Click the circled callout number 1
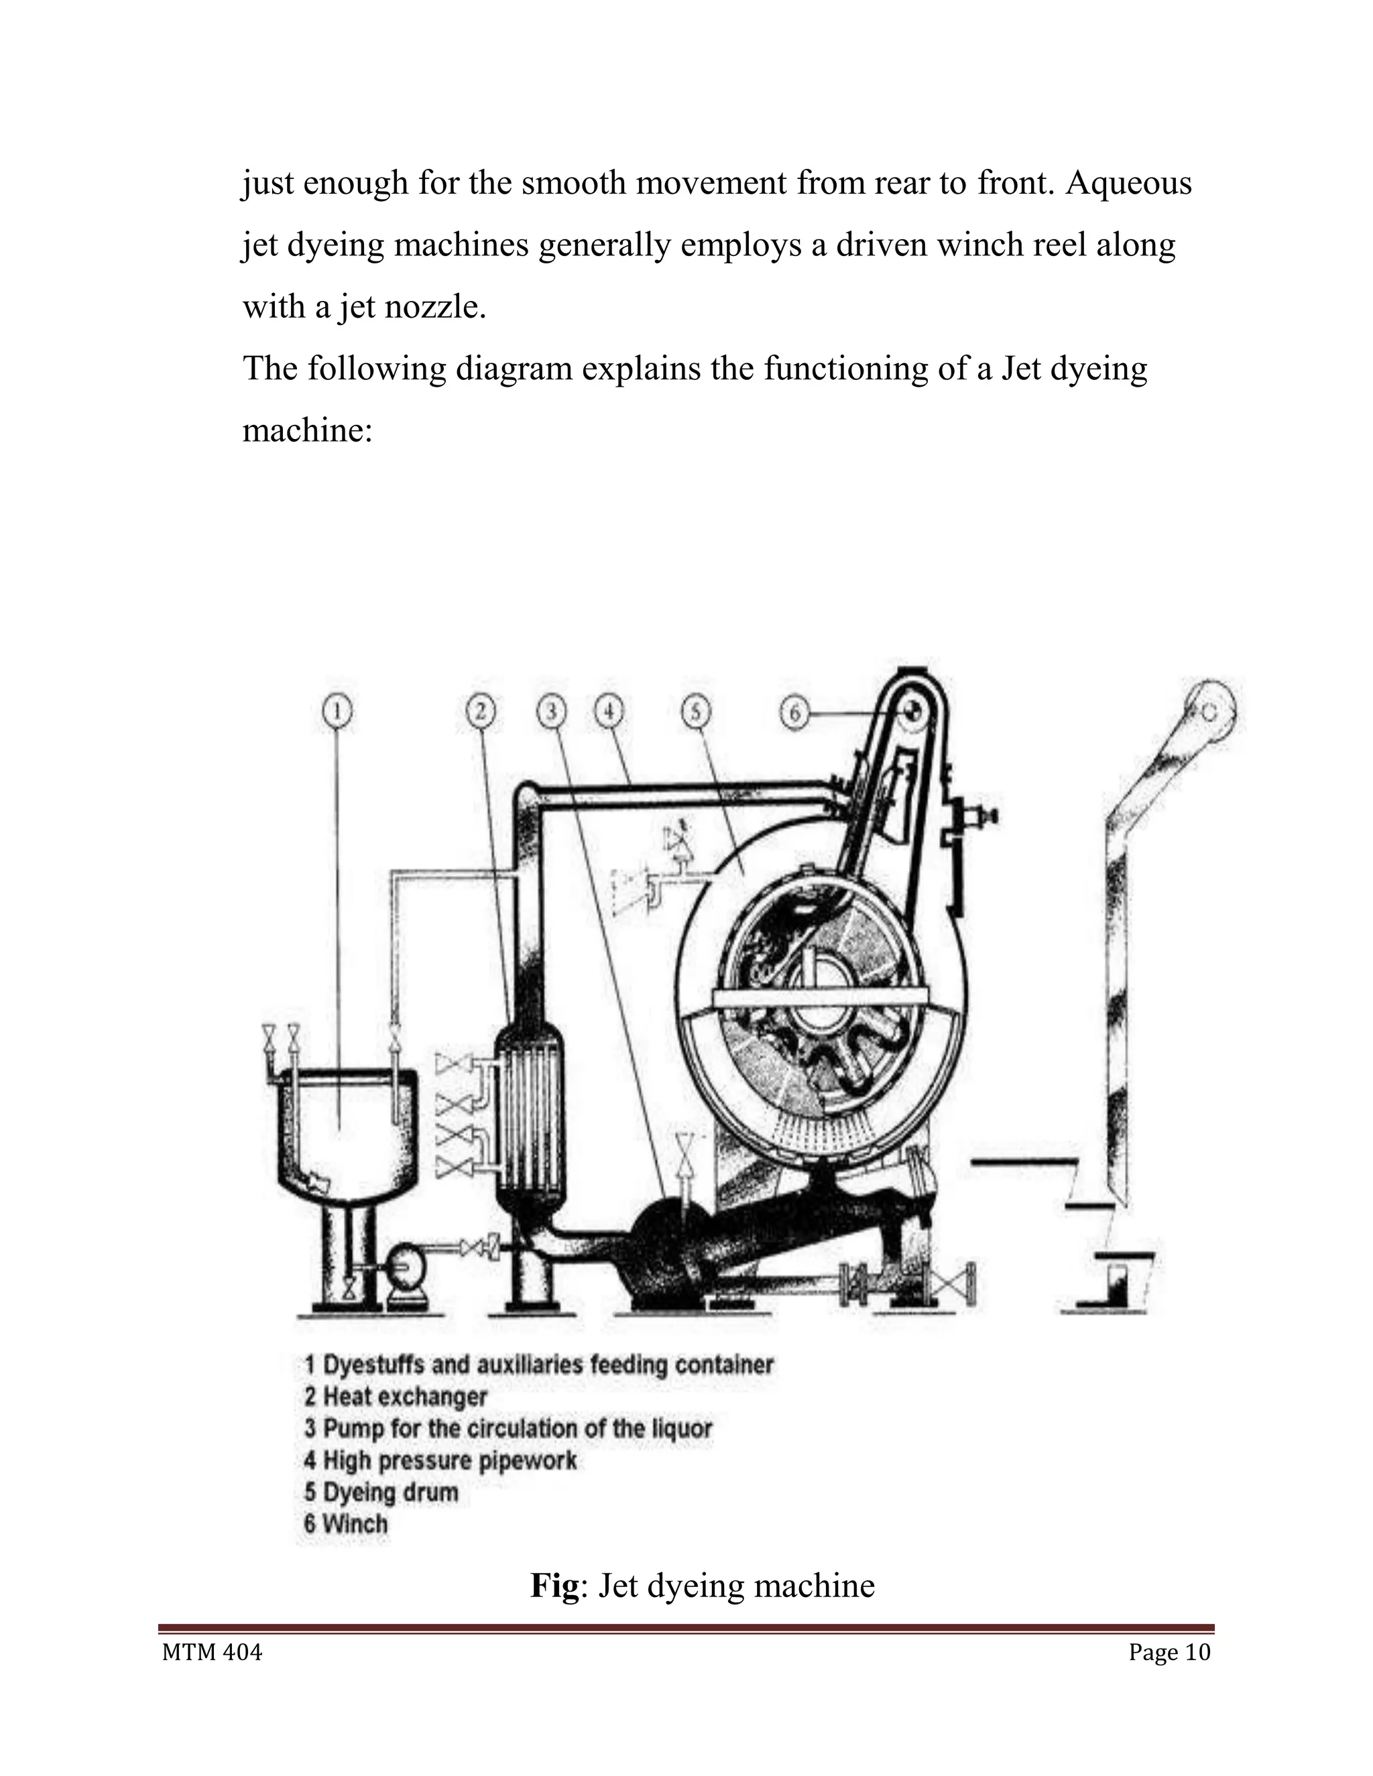[x=337, y=712]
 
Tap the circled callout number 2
[x=481, y=712]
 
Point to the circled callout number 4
[x=609, y=712]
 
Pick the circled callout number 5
[x=695, y=712]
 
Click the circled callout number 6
[x=794, y=713]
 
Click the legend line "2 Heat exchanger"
[x=396, y=1397]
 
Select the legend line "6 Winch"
[x=346, y=1524]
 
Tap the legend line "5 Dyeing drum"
[x=381, y=1493]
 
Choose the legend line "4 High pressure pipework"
[x=440, y=1460]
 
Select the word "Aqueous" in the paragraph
[x=1128, y=184]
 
